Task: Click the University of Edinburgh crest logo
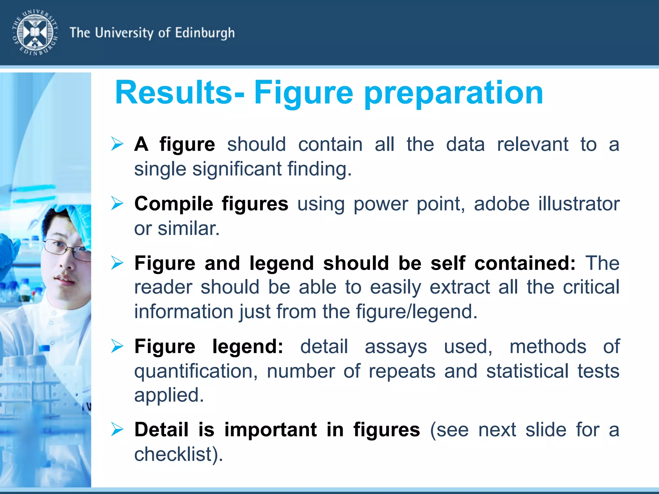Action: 35,32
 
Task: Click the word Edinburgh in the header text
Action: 205,33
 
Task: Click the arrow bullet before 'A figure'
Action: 117,144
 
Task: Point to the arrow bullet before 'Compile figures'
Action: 117,203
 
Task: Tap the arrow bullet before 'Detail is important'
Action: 117,429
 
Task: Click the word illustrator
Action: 579,204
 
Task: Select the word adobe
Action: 502,204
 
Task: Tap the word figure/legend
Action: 417,312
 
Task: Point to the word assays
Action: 396,347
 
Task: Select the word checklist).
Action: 179,454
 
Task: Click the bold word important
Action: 271,430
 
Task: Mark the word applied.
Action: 169,396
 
